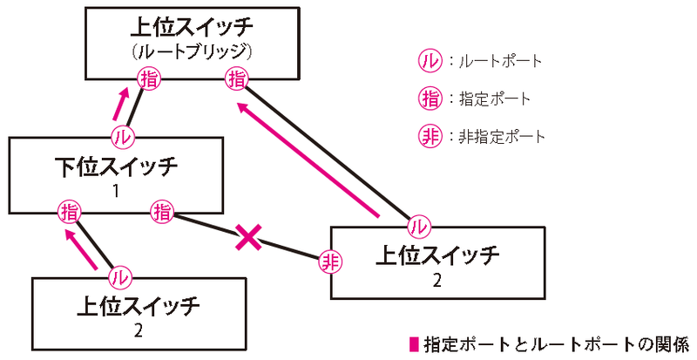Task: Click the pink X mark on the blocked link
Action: [249, 237]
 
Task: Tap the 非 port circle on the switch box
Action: [329, 261]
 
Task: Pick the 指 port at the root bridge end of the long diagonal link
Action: [236, 79]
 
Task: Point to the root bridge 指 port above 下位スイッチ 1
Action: [148, 79]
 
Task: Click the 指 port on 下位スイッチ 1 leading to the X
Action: [162, 210]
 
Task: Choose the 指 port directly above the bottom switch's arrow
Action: [68, 210]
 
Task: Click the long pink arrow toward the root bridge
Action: [308, 157]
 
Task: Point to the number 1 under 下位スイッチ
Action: [116, 187]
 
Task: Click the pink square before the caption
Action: [414, 341]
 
